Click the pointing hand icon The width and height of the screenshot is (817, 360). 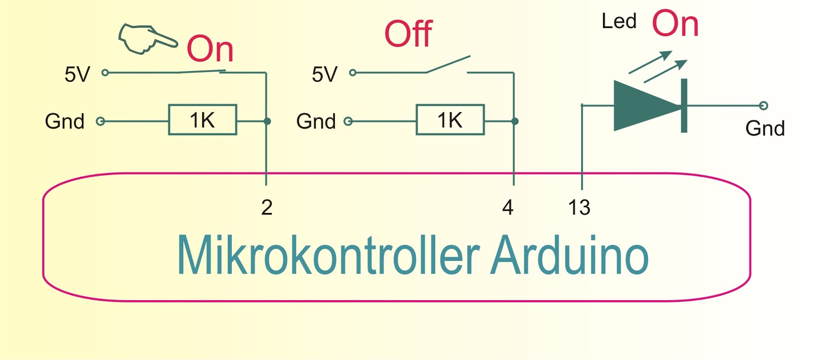(x=147, y=39)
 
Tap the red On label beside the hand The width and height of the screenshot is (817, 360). (x=210, y=49)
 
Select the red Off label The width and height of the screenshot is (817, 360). (x=408, y=34)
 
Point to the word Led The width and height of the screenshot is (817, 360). (x=619, y=21)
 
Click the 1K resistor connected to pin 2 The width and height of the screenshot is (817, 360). (x=203, y=120)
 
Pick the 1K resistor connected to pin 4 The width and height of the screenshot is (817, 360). (x=450, y=120)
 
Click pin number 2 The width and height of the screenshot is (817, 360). (x=267, y=207)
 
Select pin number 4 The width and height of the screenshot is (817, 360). (x=508, y=207)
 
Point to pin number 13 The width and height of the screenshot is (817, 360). (x=579, y=207)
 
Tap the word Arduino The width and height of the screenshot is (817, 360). (x=569, y=256)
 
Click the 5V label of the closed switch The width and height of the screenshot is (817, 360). (x=77, y=75)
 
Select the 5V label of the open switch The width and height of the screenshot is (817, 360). (x=325, y=75)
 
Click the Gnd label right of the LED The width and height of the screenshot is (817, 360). (x=764, y=128)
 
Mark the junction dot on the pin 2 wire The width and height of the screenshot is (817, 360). (x=267, y=121)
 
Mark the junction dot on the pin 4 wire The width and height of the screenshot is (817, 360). (x=515, y=121)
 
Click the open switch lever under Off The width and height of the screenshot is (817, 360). (x=448, y=64)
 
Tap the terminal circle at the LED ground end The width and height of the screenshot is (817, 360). (x=763, y=106)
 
